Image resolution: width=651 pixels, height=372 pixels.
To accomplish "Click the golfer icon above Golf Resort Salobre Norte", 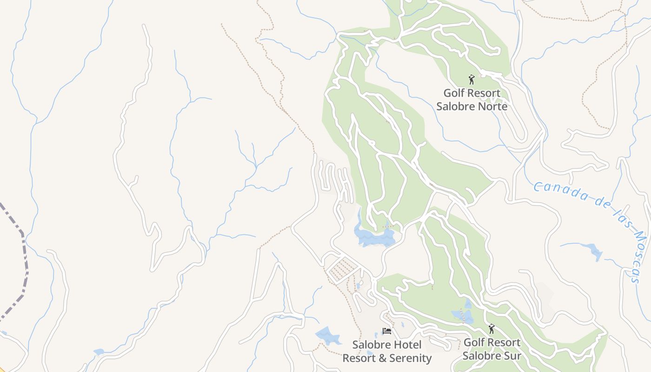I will (x=472, y=80).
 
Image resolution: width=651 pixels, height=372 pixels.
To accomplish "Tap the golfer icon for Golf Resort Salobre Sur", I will (x=492, y=329).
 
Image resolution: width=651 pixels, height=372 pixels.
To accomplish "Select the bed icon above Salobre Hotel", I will (x=387, y=331).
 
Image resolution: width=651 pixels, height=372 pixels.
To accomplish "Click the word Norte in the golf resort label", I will (x=490, y=106).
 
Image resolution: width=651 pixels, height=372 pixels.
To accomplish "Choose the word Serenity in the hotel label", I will (x=407, y=358).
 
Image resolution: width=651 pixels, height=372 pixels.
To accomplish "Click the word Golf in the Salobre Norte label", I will (x=453, y=93).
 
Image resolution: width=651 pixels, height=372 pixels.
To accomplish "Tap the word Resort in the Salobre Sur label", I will (x=502, y=343).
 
